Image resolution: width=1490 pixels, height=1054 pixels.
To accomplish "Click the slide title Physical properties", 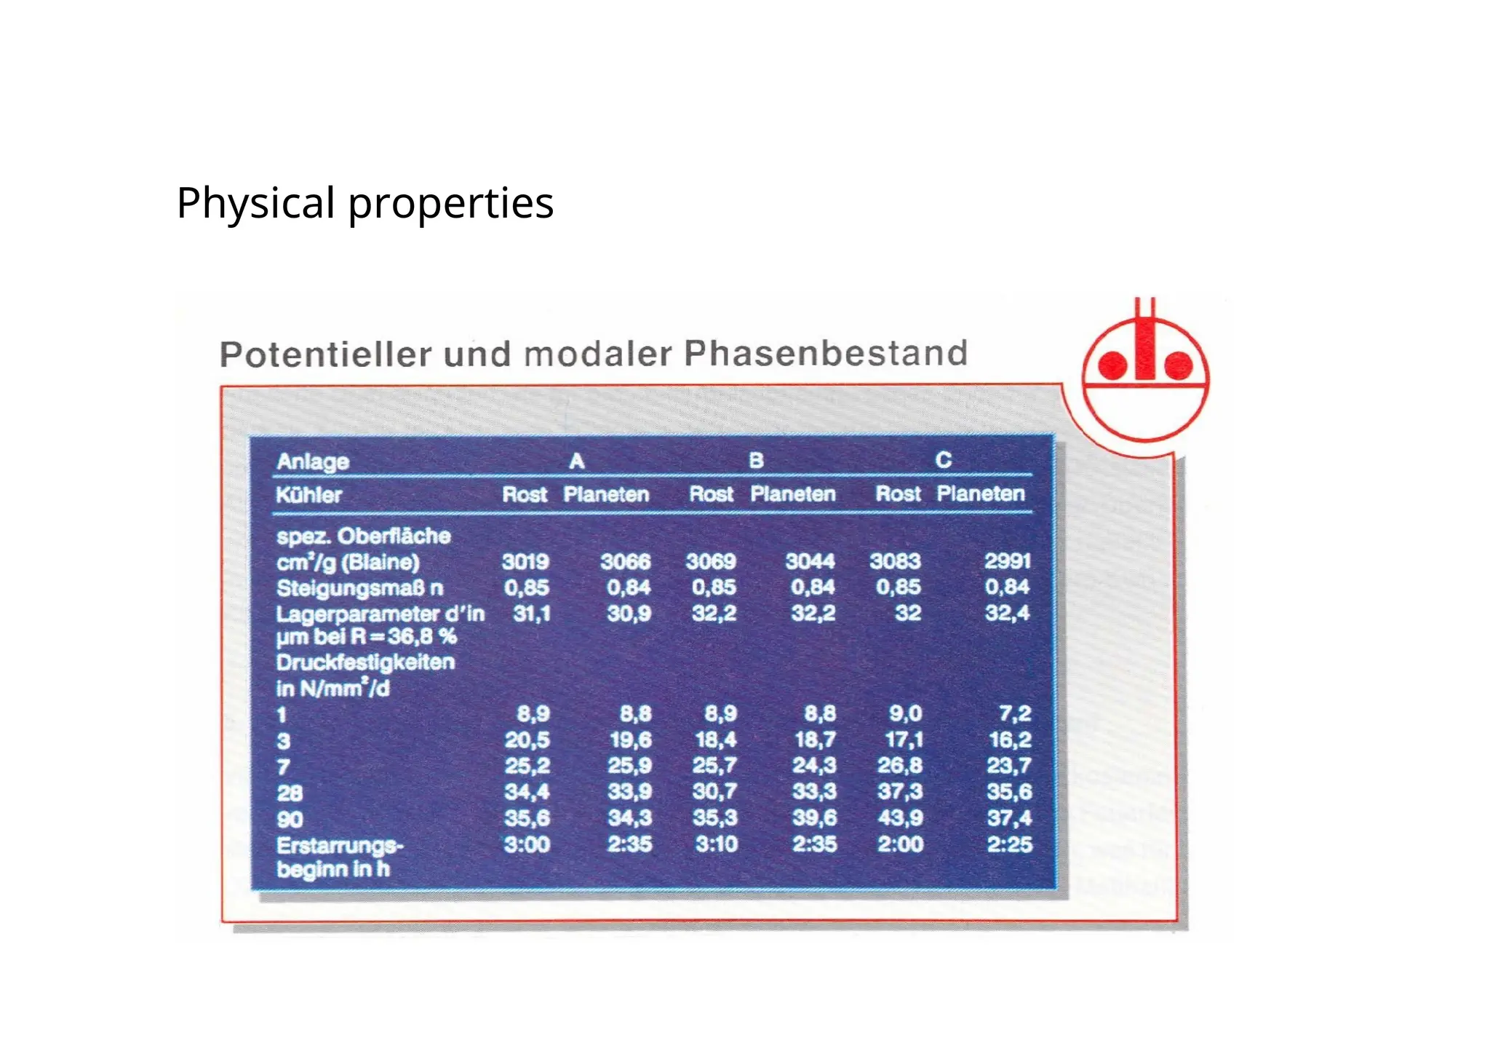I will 364,203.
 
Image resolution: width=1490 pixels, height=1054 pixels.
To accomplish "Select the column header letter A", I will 576,461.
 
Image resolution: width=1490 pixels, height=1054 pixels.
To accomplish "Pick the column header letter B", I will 756,461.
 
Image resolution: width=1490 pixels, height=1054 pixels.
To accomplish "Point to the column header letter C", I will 943,460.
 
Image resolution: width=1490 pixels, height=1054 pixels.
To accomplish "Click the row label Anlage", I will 313,461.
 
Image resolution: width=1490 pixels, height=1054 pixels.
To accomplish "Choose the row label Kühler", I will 308,496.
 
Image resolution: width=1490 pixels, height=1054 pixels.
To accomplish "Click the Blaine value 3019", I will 525,562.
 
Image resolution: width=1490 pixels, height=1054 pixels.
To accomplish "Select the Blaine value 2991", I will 1007,561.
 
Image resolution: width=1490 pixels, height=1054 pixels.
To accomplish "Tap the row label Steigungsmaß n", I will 359,588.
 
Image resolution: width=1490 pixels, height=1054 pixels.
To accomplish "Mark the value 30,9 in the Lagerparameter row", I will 629,614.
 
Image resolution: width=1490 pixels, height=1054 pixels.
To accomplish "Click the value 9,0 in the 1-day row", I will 905,713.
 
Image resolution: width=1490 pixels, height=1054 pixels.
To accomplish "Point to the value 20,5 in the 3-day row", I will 527,740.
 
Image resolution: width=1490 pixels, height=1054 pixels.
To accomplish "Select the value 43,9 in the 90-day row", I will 900,818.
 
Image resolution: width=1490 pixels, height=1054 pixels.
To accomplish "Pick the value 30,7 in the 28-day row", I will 714,791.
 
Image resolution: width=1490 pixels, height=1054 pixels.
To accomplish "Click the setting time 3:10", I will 716,844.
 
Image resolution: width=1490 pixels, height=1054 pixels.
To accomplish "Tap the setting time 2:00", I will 900,844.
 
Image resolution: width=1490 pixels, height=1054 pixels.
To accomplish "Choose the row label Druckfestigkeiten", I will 365,662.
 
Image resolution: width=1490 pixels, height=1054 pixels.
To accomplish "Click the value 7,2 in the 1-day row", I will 1014,713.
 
